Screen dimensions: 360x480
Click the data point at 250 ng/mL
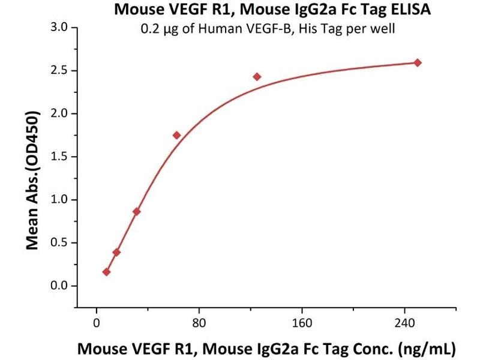tap(418, 62)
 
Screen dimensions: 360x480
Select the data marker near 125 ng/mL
tap(257, 76)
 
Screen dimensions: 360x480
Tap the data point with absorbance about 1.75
tap(176, 135)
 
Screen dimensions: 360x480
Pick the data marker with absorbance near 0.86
tap(137, 211)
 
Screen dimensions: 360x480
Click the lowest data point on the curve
tap(106, 272)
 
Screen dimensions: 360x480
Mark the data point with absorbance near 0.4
tap(116, 252)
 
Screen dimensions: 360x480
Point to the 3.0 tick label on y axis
tap(59, 28)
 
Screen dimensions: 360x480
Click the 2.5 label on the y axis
tap(59, 71)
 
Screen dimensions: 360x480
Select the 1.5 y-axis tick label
tap(59, 157)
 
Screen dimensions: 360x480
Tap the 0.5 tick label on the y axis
tap(59, 242)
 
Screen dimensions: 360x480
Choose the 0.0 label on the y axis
tap(59, 286)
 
